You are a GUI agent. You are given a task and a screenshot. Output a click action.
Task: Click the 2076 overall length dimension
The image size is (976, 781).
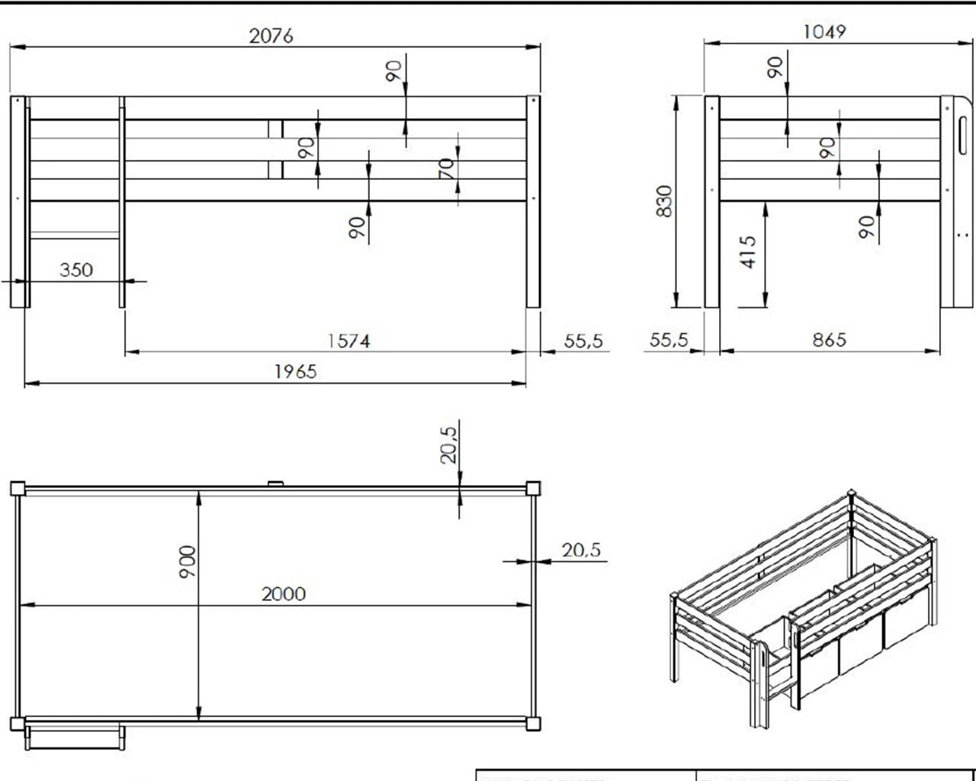(271, 36)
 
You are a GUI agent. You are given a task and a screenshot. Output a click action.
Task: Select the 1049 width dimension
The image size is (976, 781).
(824, 32)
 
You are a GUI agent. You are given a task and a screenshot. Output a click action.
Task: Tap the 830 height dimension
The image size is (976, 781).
(664, 201)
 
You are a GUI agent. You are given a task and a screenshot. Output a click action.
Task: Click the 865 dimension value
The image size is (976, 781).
(829, 339)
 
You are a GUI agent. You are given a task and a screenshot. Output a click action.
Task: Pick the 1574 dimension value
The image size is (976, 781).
(348, 341)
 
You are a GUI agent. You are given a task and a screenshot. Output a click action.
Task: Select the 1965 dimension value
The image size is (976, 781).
(295, 371)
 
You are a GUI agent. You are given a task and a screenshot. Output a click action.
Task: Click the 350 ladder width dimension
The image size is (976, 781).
(76, 270)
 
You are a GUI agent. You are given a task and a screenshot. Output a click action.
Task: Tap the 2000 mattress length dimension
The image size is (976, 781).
(284, 593)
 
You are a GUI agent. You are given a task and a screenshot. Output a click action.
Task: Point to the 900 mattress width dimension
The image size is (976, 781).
(188, 561)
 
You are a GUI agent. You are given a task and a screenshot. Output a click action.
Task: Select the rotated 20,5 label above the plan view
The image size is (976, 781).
(448, 445)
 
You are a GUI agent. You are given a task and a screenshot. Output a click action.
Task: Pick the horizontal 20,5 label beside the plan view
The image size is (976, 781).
(581, 549)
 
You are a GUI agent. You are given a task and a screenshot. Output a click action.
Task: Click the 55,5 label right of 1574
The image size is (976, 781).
(583, 341)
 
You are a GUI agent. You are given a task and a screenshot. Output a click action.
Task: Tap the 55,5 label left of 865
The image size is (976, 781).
(669, 340)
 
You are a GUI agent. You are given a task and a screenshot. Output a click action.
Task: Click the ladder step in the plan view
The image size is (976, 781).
(74, 738)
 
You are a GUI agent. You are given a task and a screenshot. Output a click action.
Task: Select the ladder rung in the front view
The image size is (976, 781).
(75, 236)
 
